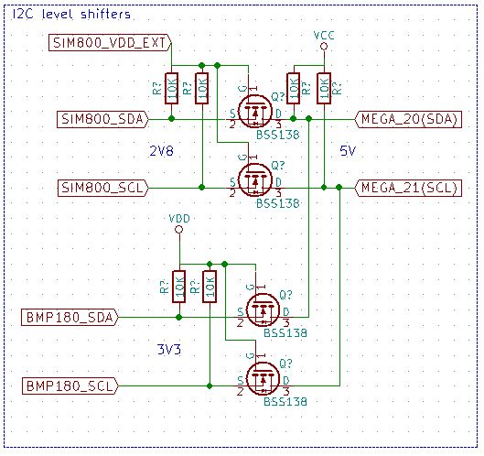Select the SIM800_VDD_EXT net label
click(x=107, y=42)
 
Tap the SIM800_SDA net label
click(x=101, y=118)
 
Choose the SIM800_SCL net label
click(x=101, y=188)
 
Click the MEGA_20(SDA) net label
click(x=408, y=118)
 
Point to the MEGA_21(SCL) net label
click(x=408, y=188)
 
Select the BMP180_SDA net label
click(x=69, y=317)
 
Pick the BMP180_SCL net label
click(x=69, y=385)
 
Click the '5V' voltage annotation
click(x=348, y=149)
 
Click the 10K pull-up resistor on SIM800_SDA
click(x=170, y=89)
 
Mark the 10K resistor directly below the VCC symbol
click(x=323, y=89)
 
